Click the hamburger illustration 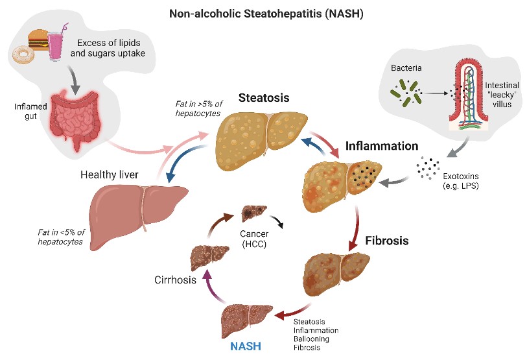point(38,40)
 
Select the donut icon point(23,55)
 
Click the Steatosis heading point(264,97)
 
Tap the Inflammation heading point(382,146)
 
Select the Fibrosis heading point(387,241)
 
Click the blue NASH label point(246,346)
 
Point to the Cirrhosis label point(175,280)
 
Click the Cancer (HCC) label point(254,239)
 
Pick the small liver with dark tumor point(254,213)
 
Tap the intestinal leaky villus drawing point(469,95)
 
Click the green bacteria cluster point(406,92)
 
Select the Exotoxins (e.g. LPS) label point(461,181)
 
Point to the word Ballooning point(311,339)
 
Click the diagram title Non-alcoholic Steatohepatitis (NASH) point(266,14)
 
